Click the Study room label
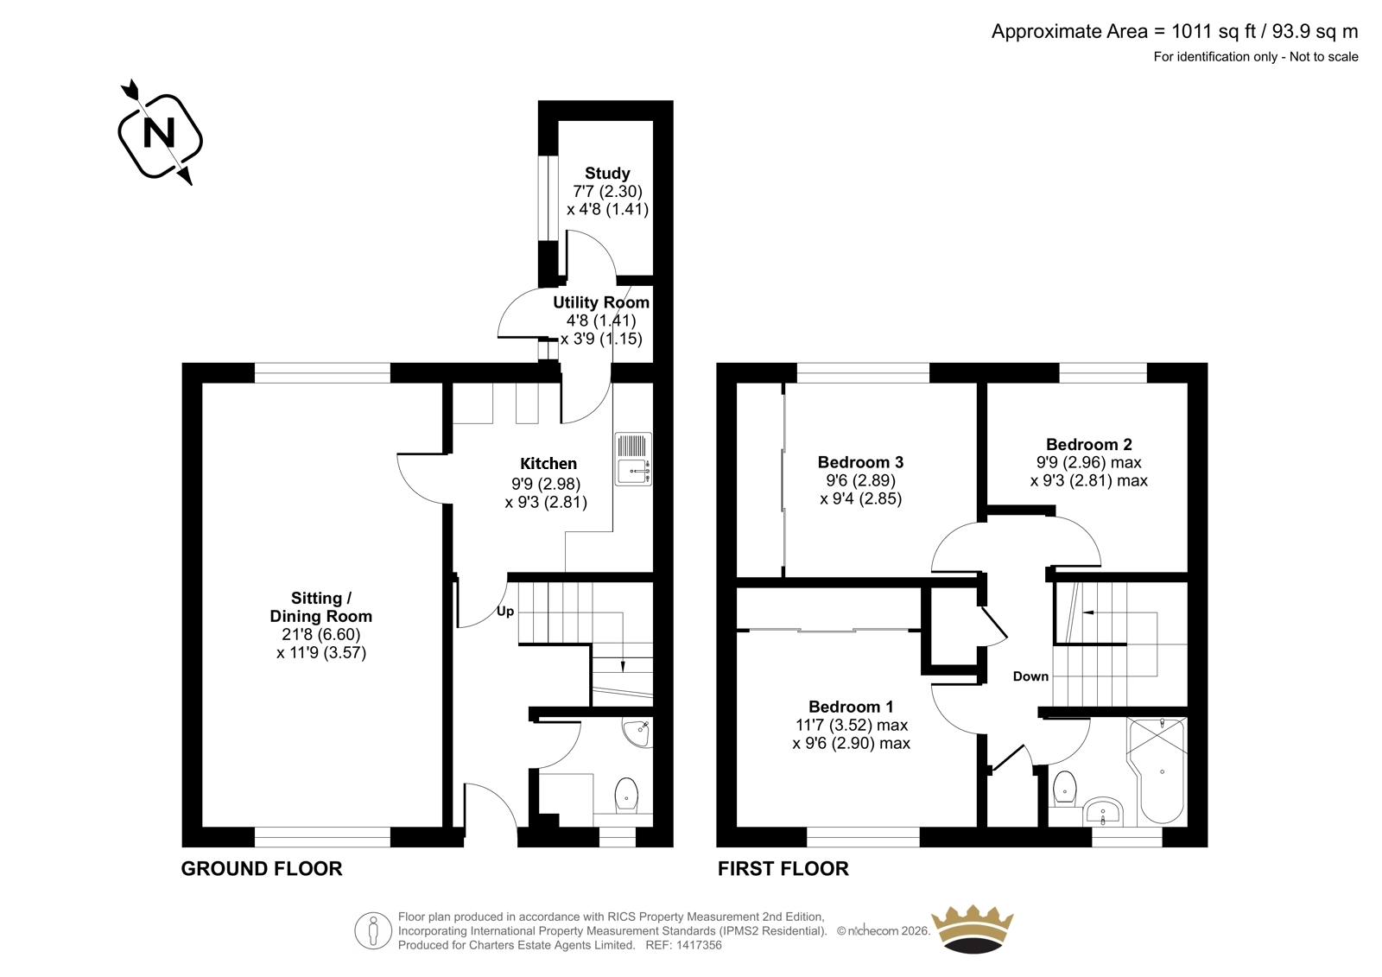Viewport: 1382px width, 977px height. click(x=607, y=173)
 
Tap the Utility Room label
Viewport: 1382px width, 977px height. click(x=601, y=302)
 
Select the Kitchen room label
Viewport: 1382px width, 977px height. click(x=548, y=464)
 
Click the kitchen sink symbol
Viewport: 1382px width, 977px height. click(x=633, y=460)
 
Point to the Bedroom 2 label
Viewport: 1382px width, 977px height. click(x=1089, y=444)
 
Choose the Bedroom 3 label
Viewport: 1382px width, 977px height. click(x=860, y=462)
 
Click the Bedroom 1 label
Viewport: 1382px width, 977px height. click(x=851, y=707)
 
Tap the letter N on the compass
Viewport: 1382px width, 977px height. click(x=159, y=133)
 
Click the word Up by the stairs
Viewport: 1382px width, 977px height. click(x=505, y=612)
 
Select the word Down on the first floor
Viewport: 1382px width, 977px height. click(x=1030, y=676)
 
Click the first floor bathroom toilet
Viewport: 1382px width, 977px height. click(x=1065, y=788)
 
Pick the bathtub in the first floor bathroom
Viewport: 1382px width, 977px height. click(x=1157, y=771)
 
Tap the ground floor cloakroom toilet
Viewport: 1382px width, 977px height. click(x=627, y=795)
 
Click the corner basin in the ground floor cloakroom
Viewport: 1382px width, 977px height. click(x=638, y=733)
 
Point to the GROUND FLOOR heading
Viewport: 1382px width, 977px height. click(x=262, y=869)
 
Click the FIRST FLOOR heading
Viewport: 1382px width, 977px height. click(x=783, y=869)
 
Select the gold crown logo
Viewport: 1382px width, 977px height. click(x=973, y=929)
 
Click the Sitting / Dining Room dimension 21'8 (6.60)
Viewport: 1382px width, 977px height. click(x=320, y=634)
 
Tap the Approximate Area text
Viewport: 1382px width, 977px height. click(x=1175, y=31)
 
